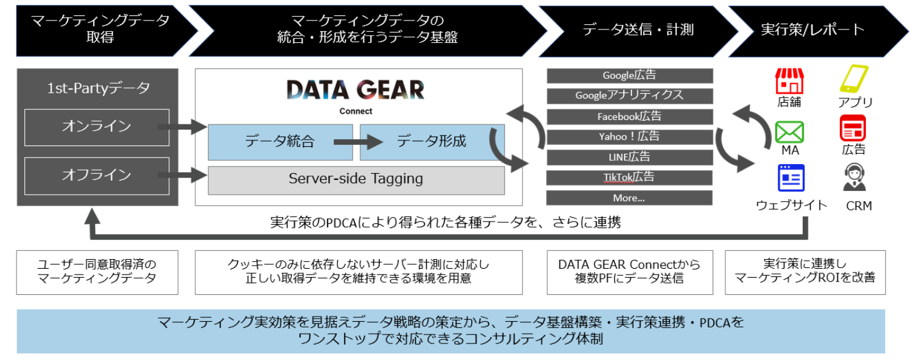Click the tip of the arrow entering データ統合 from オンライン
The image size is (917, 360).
click(x=207, y=127)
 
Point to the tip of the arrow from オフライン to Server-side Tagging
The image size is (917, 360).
click(x=207, y=176)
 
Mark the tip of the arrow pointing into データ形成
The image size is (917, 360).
click(x=383, y=142)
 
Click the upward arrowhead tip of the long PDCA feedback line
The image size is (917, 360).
click(x=93, y=208)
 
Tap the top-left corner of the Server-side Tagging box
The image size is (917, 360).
click(x=208, y=167)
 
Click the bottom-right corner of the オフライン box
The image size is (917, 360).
click(x=169, y=195)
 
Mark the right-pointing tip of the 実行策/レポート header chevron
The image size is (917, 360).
click(x=909, y=31)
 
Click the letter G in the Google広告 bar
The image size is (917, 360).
click(x=607, y=76)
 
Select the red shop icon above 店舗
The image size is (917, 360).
click(x=790, y=81)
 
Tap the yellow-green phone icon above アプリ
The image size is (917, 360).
click(x=854, y=79)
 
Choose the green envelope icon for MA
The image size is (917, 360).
click(x=790, y=132)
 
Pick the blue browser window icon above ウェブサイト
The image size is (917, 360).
click(x=791, y=178)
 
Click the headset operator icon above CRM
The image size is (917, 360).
click(x=854, y=177)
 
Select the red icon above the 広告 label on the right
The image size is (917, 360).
click(x=853, y=128)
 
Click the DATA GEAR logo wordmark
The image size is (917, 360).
click(x=355, y=90)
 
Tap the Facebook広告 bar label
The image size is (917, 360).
click(x=629, y=117)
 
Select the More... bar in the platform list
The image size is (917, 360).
click(x=629, y=198)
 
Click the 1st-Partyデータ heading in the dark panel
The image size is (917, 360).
click(x=98, y=88)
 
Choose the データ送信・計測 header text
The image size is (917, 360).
click(x=638, y=30)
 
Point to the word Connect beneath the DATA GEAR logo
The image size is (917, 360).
click(x=356, y=111)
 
